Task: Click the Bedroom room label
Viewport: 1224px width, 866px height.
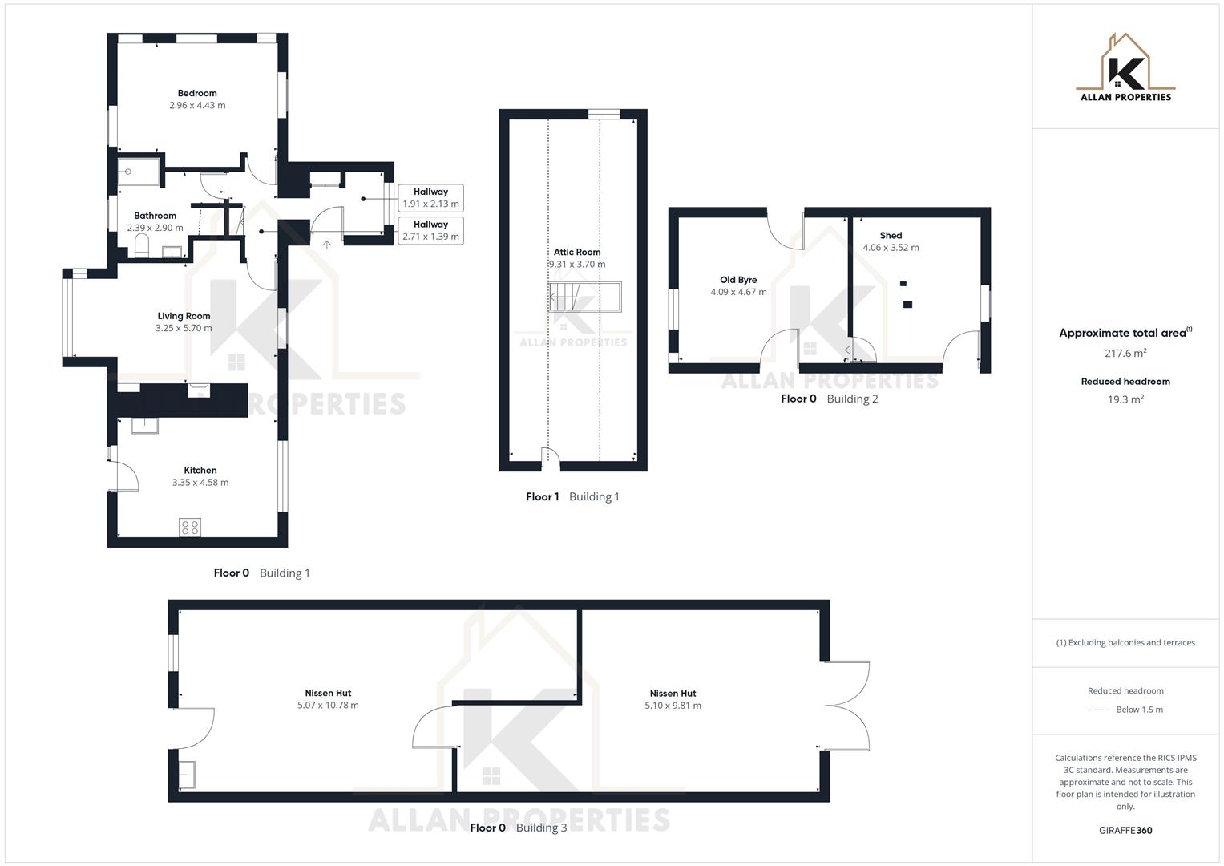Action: (x=197, y=93)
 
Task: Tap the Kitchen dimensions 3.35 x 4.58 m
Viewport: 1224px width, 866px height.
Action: (x=200, y=483)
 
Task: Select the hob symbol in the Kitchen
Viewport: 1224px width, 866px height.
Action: (x=190, y=528)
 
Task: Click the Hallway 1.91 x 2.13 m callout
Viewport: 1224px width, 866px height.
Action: (x=430, y=198)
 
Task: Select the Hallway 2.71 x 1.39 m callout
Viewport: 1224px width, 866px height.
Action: (x=430, y=231)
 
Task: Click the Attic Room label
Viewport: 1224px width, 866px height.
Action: (x=577, y=252)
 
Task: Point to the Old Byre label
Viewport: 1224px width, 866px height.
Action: (x=738, y=280)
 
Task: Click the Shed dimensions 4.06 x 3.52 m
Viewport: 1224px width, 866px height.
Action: (x=891, y=248)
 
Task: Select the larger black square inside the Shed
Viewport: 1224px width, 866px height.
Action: (x=907, y=304)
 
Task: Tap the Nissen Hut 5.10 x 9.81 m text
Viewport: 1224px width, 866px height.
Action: (x=673, y=706)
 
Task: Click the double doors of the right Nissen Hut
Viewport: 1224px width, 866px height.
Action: (x=848, y=706)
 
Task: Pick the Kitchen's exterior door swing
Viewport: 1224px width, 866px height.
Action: (x=123, y=473)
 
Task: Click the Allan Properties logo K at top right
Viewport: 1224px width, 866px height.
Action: (x=1125, y=72)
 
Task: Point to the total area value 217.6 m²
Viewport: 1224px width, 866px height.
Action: (x=1125, y=353)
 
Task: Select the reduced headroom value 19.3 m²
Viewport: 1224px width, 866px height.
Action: (x=1125, y=399)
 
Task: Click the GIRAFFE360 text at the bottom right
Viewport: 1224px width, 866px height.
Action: (x=1125, y=831)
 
